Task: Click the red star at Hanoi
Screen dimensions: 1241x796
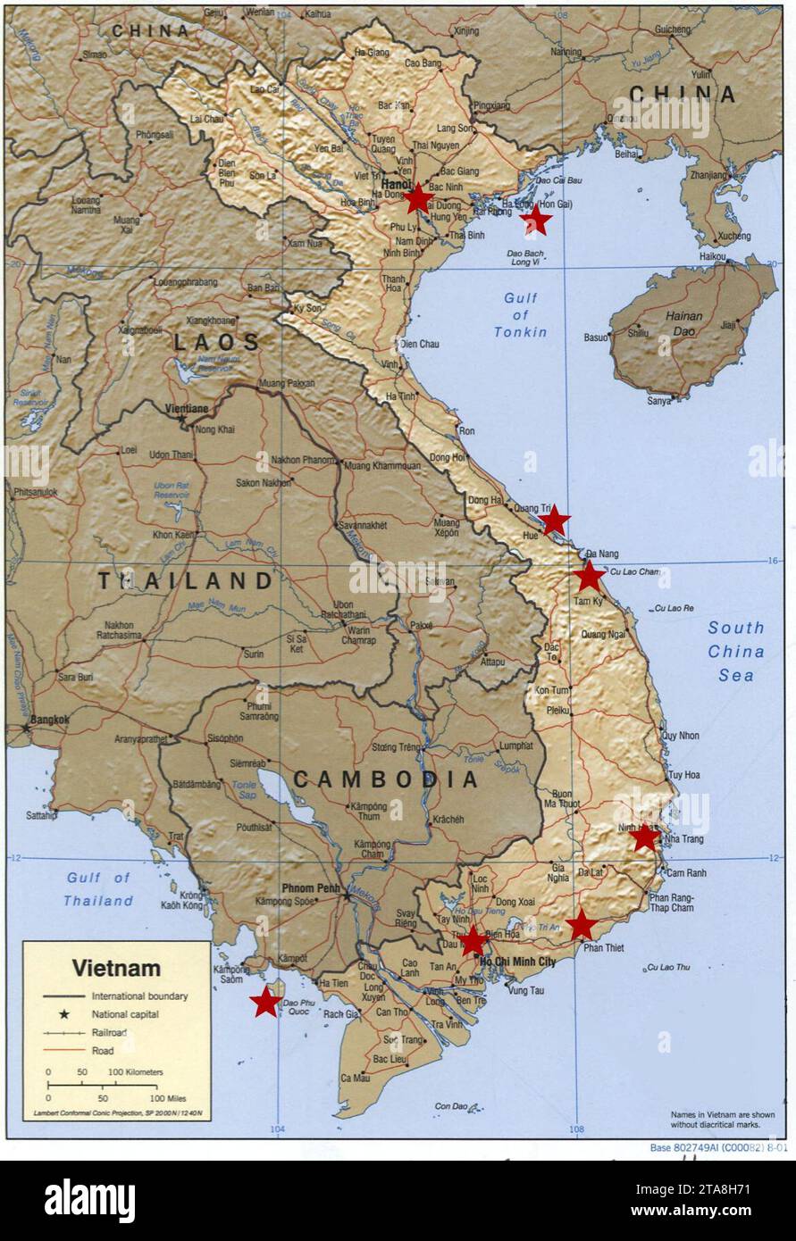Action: pyautogui.click(x=417, y=198)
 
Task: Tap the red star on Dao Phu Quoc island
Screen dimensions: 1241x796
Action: pyautogui.click(x=265, y=1003)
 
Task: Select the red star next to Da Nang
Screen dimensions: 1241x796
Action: pyautogui.click(x=590, y=576)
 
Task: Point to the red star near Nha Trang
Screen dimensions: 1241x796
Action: pyautogui.click(x=645, y=837)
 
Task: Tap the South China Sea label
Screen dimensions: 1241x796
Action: pyautogui.click(x=736, y=651)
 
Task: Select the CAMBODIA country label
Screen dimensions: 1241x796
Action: pyautogui.click(x=386, y=779)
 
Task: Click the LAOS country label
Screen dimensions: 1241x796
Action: pyautogui.click(x=216, y=342)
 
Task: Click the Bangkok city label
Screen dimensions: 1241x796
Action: pyautogui.click(x=49, y=719)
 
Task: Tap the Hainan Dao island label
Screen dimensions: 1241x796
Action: pyautogui.click(x=683, y=323)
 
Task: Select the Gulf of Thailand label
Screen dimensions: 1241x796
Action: pyautogui.click(x=98, y=889)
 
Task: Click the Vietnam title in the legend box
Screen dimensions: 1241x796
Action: pyautogui.click(x=116, y=968)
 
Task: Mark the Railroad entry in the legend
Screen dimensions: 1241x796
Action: pyautogui.click(x=109, y=1032)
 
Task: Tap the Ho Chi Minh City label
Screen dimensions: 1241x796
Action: pyautogui.click(x=517, y=962)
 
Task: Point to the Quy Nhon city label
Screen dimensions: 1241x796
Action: pyautogui.click(x=680, y=736)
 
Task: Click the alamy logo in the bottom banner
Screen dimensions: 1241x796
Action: pyautogui.click(x=89, y=1200)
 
